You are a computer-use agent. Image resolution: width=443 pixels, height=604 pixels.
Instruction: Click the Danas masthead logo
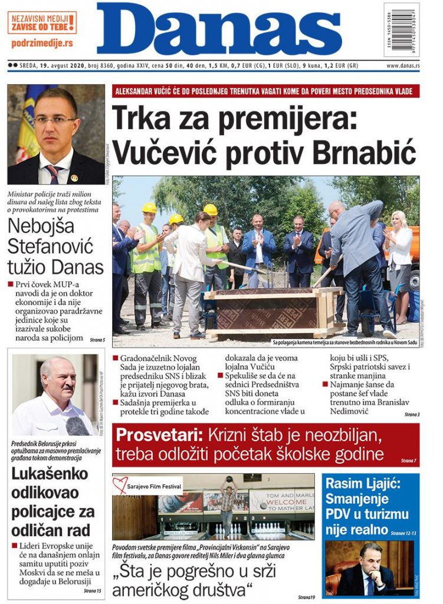tap(219, 29)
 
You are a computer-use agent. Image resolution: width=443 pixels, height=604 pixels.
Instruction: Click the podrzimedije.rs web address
tap(42, 43)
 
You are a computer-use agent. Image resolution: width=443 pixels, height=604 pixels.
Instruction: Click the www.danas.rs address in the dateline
tap(403, 65)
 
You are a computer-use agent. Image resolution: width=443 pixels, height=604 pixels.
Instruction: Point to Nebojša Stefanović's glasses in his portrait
tap(55, 120)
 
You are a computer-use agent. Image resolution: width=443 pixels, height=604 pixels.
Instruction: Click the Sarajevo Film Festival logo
tap(147, 485)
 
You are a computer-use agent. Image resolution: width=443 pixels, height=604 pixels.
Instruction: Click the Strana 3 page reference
tap(411, 415)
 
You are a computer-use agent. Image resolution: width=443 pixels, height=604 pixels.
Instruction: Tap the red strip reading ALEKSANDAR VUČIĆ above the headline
tap(265, 91)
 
